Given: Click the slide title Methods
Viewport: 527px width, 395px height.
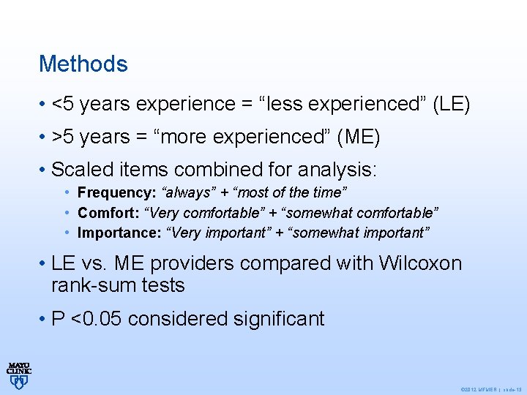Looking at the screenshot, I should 83,64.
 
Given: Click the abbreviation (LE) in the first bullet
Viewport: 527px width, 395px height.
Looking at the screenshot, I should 452,105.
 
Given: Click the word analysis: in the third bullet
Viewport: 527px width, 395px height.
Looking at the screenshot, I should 337,170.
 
